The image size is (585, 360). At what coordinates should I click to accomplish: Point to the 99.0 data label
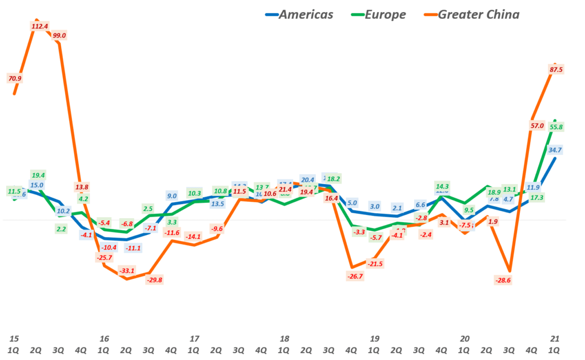point(59,35)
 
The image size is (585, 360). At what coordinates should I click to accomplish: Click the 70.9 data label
point(15,78)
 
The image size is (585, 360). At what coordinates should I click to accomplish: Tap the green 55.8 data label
point(556,127)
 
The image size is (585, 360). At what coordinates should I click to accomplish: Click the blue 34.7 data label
point(555,150)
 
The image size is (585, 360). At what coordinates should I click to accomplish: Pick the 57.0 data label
point(536,126)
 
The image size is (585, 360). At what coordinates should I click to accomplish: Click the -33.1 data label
point(127,270)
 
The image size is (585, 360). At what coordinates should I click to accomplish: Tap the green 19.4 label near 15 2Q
point(38,175)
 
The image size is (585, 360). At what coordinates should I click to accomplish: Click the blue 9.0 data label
point(171,196)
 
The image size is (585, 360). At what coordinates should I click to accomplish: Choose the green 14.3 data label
point(442,186)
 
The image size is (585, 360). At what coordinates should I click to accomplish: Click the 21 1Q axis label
point(554,343)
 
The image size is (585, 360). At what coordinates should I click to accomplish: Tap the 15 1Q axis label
point(14,343)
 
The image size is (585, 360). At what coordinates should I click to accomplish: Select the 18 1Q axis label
point(284,343)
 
